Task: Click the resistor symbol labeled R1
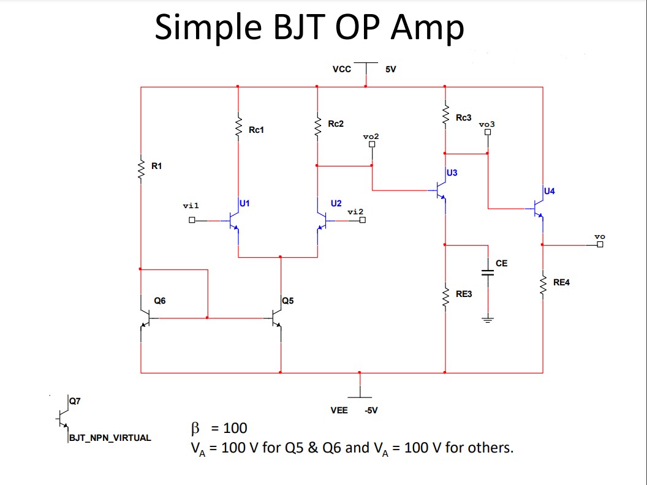click(141, 167)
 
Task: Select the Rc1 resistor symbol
click(238, 127)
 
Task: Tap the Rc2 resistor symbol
click(317, 127)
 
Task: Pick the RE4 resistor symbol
click(542, 283)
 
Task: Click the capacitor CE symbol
click(488, 272)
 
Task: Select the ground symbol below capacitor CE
click(488, 319)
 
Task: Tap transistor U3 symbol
click(441, 190)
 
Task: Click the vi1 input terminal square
click(192, 220)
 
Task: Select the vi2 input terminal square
click(362, 221)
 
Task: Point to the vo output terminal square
click(599, 245)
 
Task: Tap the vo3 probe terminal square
click(488, 132)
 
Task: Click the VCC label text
click(342, 69)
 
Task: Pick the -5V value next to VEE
click(371, 410)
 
